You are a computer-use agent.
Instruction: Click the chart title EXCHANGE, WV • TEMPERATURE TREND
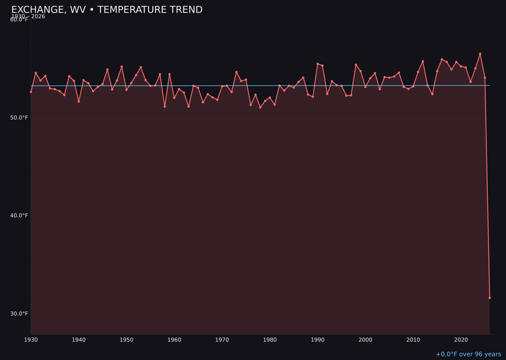107,10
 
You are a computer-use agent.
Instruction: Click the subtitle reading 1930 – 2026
28,16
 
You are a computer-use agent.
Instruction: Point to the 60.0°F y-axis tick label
19,20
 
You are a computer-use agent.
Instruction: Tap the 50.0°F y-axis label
19,118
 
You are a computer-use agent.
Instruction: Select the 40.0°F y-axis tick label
19,216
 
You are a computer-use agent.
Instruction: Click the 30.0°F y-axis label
19,314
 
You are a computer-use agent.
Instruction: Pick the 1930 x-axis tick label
31,340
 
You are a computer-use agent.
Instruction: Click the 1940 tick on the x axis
79,340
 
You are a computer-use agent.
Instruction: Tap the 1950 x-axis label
126,340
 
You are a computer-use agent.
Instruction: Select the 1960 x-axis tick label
174,340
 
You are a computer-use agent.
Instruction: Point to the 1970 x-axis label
222,340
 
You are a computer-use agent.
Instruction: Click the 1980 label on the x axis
270,340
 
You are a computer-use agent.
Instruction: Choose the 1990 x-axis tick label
318,340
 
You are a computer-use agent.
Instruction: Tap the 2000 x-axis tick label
365,340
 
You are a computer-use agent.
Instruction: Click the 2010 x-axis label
413,340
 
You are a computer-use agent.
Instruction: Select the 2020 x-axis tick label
461,340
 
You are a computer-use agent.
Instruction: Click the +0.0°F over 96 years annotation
468,354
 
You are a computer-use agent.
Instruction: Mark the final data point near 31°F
490,298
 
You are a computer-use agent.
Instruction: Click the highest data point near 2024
480,53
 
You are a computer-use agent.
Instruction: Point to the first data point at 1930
31,92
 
